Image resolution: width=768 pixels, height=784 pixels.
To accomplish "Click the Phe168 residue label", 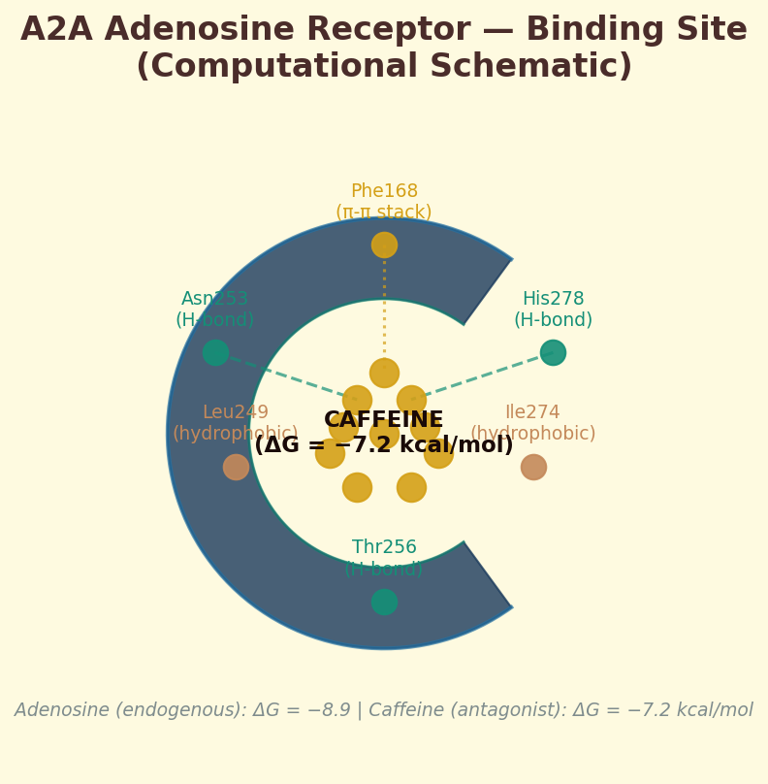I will [x=384, y=192].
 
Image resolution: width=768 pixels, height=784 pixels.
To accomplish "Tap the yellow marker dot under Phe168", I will [x=384, y=245].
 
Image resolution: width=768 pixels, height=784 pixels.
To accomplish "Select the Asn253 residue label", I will [x=215, y=300].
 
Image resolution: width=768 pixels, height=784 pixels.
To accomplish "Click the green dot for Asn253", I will [x=215, y=352].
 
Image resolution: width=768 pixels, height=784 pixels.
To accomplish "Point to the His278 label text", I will [x=553, y=300].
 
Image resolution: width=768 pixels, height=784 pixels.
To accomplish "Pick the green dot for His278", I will [x=553, y=352].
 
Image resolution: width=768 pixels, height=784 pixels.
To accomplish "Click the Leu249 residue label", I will [x=236, y=413].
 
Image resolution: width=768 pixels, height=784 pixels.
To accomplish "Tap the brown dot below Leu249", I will [x=236, y=467].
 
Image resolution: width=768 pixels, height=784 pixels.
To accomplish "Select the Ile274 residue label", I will [x=532, y=413].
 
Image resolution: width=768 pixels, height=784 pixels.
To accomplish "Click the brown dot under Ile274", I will [x=533, y=467].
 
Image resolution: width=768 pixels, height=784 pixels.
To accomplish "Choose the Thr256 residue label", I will [x=384, y=548].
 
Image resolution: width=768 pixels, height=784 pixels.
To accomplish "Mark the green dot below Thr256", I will [x=384, y=602].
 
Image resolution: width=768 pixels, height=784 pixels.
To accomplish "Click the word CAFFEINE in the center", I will [x=384, y=421].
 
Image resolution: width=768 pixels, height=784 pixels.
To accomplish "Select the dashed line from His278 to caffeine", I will [x=485, y=376].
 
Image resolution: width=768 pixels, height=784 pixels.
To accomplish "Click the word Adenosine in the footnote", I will [x=62, y=710].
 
